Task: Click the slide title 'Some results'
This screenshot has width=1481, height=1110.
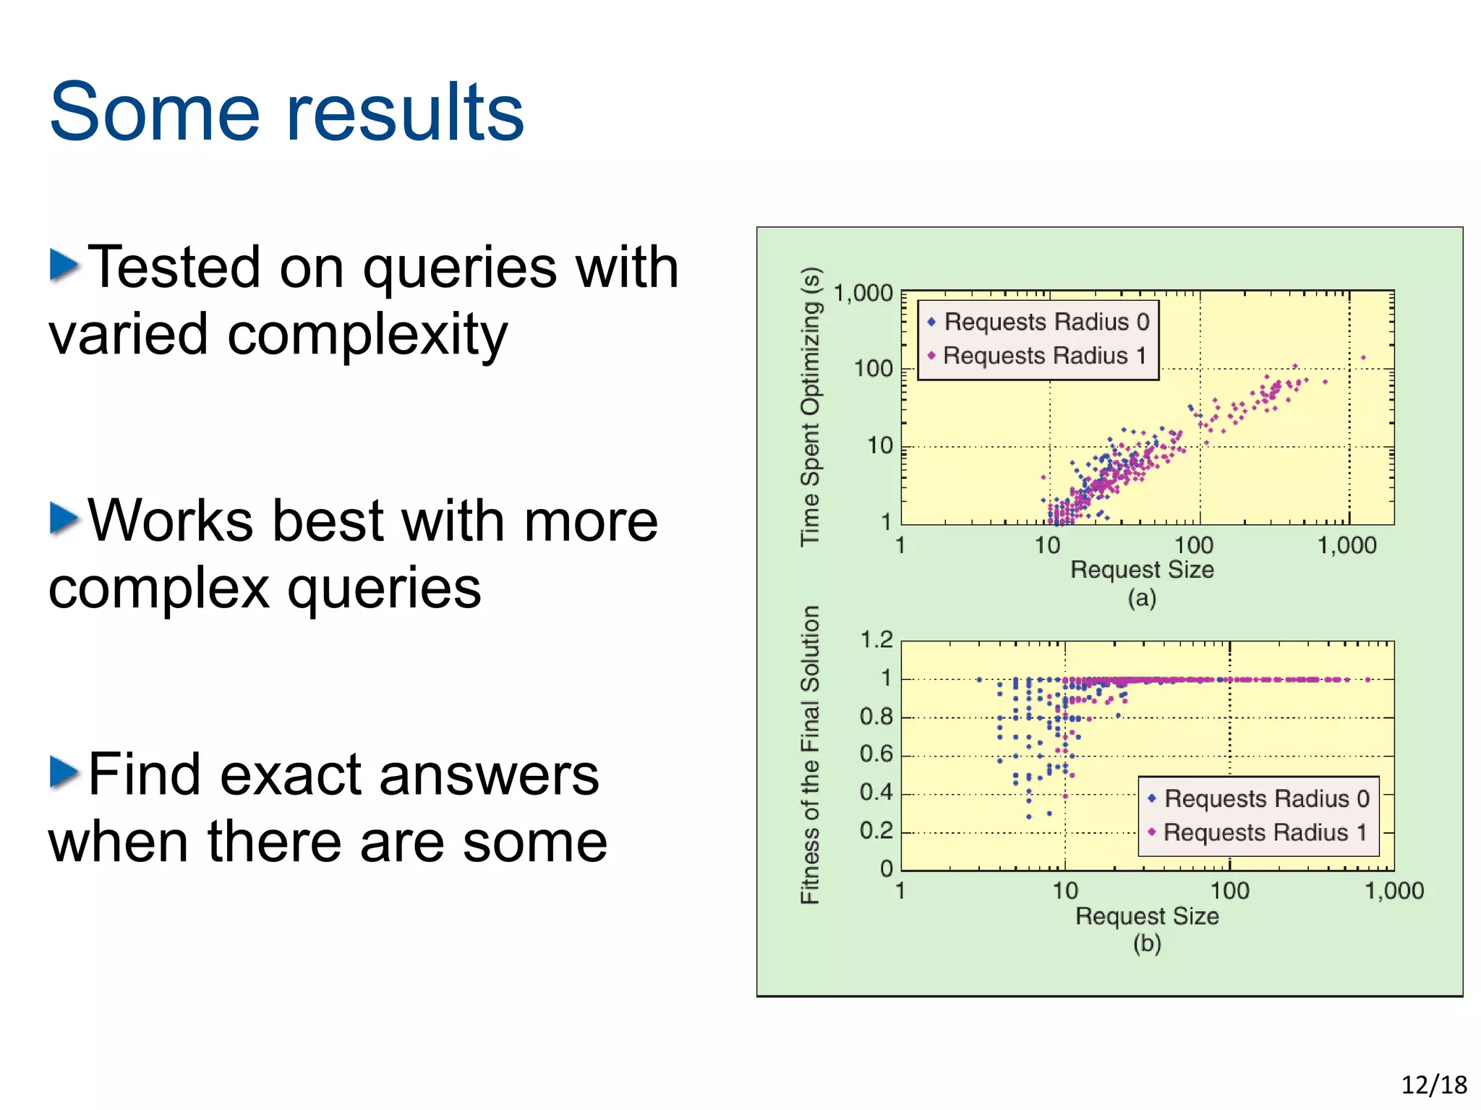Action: coord(286,112)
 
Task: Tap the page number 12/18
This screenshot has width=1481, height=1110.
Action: coord(1433,1085)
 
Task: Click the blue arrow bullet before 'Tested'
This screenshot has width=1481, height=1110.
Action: coord(64,265)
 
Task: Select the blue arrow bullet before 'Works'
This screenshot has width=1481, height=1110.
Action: coord(64,518)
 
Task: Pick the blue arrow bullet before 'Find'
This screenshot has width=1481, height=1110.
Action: coord(64,772)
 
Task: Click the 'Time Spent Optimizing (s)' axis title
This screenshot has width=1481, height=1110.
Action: coord(811,406)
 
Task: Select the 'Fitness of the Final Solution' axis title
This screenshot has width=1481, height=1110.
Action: coord(811,754)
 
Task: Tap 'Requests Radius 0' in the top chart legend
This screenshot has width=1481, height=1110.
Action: coord(1046,322)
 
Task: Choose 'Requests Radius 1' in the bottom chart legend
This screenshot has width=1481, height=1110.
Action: coord(1265,832)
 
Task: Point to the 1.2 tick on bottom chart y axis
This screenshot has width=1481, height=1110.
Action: coord(876,640)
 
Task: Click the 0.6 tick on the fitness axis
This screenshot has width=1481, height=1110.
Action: coord(876,754)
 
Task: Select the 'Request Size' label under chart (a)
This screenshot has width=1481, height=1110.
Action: coord(1142,570)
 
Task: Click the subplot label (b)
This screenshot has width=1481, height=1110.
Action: coord(1147,943)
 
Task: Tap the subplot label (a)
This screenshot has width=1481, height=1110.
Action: coord(1142,598)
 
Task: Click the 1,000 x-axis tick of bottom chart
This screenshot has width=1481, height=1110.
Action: coord(1393,891)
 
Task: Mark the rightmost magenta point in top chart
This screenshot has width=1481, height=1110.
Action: coord(1363,357)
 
